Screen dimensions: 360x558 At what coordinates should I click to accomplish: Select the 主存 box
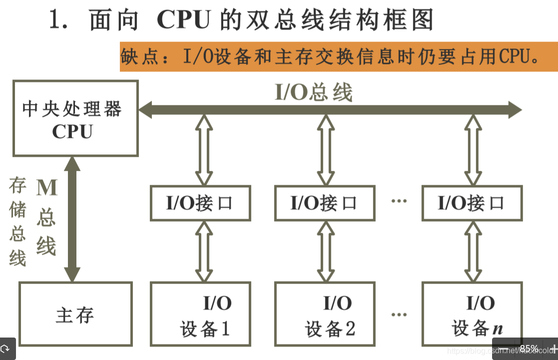click(75, 314)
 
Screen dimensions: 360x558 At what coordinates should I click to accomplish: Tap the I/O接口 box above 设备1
click(200, 203)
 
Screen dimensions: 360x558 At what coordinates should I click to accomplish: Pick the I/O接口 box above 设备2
click(325, 203)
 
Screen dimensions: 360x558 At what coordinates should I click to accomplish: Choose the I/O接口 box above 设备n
click(471, 203)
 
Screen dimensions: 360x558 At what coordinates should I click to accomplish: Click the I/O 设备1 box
click(200, 314)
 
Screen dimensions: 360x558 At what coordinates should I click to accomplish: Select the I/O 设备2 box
click(325, 314)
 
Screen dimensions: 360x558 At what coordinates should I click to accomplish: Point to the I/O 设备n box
click(471, 314)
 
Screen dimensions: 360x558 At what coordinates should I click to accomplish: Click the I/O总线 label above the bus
click(314, 92)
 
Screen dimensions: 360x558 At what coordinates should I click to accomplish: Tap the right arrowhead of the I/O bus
click(515, 109)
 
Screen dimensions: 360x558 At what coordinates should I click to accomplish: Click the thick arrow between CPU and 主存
click(72, 219)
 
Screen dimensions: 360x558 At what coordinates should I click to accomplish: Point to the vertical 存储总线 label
click(17, 222)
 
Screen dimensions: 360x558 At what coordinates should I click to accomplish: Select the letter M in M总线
click(47, 187)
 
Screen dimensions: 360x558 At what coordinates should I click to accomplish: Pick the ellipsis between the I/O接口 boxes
click(399, 201)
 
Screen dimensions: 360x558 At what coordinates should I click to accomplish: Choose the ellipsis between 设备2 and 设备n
click(399, 315)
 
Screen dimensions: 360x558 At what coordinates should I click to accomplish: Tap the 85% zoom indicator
click(529, 348)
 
